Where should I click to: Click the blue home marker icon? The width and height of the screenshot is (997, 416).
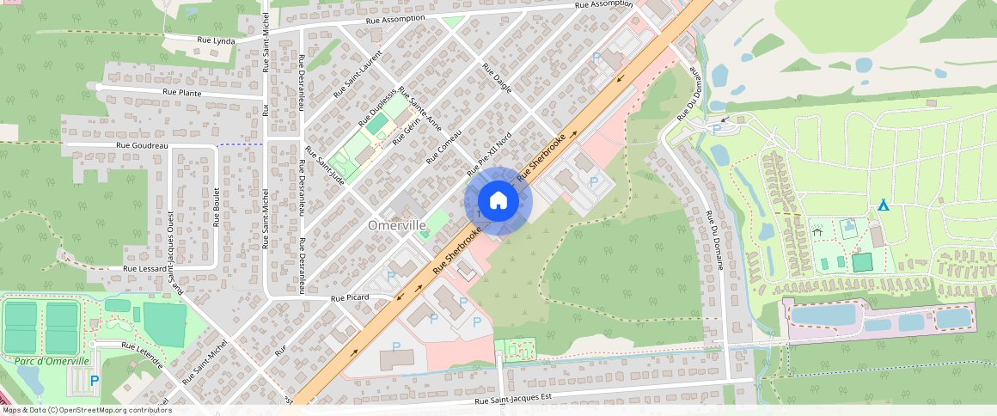point(498,201)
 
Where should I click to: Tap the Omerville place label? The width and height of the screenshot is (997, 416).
point(397,224)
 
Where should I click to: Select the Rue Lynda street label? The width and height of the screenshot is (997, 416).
point(216,40)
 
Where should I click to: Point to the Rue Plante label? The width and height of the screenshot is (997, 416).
point(181,91)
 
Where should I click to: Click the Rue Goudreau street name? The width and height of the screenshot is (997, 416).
point(141,146)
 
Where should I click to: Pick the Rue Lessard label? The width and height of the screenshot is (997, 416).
point(144,268)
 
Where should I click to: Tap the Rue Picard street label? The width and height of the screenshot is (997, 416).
point(350,297)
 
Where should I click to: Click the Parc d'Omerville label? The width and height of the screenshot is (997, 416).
point(52,361)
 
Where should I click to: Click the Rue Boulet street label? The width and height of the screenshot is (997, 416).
point(216,206)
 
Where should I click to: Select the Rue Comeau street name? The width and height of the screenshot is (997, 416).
point(445,146)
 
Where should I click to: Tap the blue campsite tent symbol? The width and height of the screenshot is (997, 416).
point(883,205)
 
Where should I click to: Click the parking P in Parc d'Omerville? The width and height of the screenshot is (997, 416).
point(95,380)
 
